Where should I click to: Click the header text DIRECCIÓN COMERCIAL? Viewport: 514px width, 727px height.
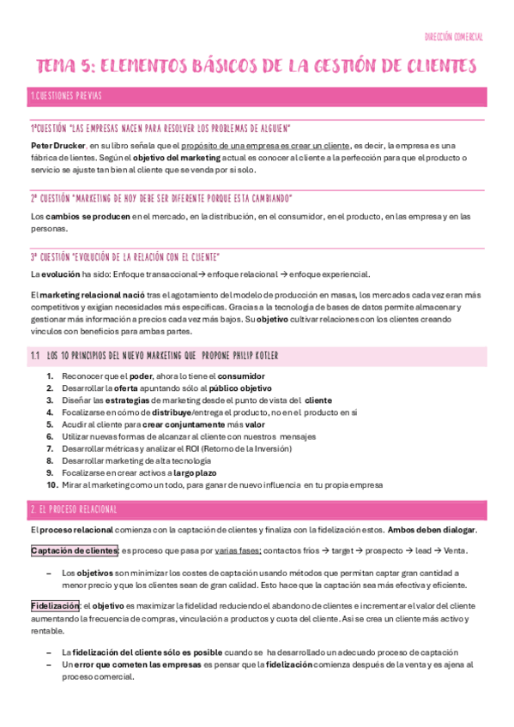click(454, 38)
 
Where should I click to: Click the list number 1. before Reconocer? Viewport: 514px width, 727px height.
click(51, 376)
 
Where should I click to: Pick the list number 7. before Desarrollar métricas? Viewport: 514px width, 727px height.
click(51, 448)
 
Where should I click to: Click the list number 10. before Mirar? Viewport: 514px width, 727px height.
click(52, 484)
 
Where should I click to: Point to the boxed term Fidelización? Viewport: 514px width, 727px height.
click(54, 605)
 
